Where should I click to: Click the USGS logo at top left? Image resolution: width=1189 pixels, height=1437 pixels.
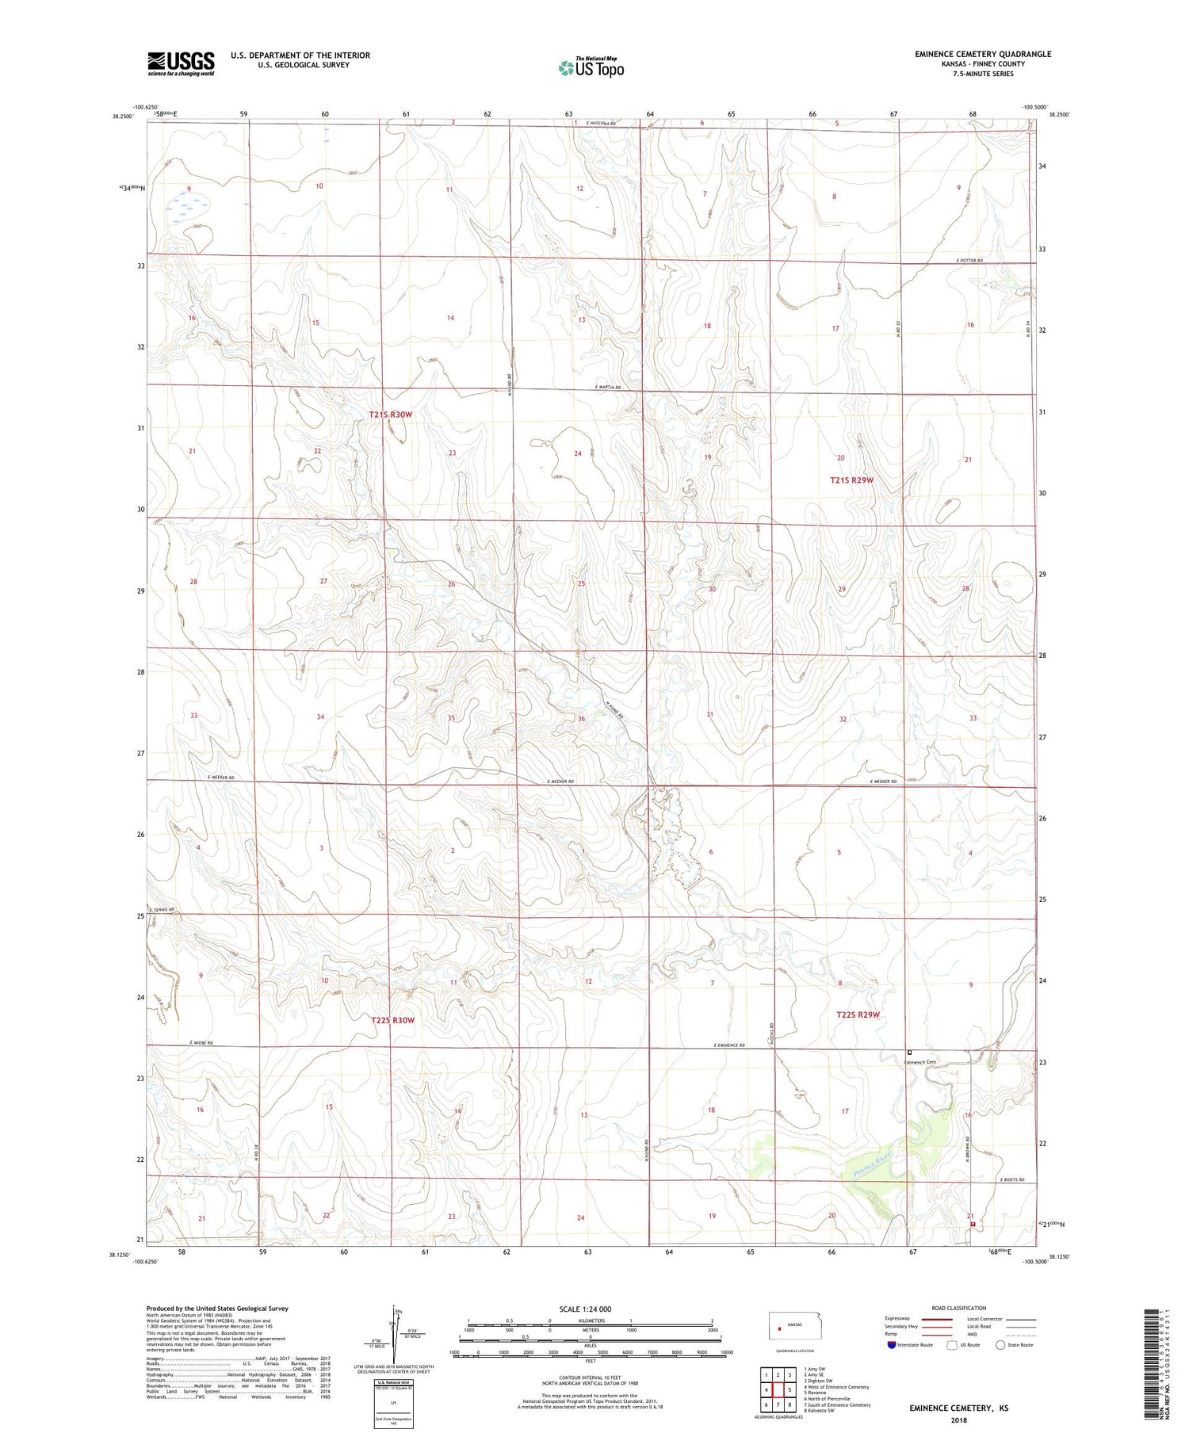(181, 63)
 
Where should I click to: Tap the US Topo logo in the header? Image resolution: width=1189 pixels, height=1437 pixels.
(591, 67)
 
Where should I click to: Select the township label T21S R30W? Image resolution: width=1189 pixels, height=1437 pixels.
(391, 415)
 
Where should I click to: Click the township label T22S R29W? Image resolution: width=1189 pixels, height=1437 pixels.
(858, 1015)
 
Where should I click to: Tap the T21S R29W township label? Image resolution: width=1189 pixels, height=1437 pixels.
(851, 480)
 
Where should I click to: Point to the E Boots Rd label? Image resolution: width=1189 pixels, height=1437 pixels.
(1012, 1180)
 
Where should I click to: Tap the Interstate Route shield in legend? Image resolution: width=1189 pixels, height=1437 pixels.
(892, 1344)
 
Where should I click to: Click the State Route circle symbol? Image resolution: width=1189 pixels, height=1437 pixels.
(1000, 1344)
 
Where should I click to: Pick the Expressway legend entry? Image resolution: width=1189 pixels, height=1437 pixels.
(900, 1319)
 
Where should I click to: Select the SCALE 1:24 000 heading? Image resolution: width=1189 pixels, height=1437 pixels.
(585, 1309)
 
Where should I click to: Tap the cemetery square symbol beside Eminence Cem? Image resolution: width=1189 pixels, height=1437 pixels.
(909, 1053)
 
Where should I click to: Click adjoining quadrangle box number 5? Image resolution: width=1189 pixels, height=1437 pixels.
(789, 1389)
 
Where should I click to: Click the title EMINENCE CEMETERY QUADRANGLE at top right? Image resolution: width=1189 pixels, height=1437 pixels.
(982, 54)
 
